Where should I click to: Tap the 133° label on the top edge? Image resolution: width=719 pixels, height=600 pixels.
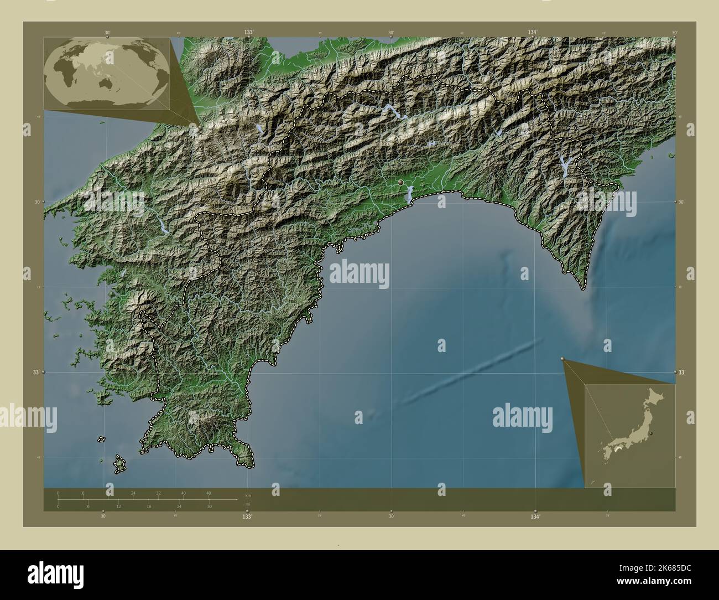point(248,33)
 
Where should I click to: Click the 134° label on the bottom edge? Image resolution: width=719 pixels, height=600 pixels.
point(534,516)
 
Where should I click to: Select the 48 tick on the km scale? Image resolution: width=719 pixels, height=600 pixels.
point(209,493)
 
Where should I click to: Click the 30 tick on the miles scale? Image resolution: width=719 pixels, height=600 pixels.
point(209,506)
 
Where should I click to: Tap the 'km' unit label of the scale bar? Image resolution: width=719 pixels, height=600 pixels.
point(248,495)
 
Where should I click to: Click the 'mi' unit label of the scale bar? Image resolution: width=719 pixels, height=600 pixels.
point(247,504)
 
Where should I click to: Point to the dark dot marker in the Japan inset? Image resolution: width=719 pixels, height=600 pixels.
point(651,433)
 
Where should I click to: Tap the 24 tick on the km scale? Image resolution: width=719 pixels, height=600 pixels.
point(133,493)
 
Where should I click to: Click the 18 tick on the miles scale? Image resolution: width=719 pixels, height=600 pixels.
point(148,506)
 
